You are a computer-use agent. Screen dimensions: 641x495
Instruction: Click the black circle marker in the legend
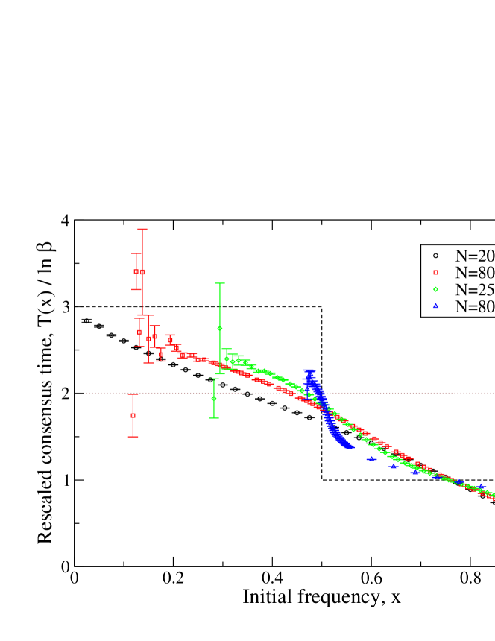435,256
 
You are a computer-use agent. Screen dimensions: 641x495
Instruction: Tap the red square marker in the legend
435,272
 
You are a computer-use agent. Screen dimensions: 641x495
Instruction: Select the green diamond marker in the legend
435,289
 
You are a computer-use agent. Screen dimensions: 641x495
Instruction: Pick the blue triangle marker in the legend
435,306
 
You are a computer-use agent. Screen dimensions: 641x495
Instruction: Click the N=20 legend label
475,256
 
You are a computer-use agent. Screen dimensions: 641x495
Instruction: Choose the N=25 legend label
475,289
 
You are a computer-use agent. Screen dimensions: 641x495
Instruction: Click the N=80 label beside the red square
475,273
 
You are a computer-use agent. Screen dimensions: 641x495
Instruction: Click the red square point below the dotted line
133,415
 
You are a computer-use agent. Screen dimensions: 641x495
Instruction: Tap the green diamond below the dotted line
214,398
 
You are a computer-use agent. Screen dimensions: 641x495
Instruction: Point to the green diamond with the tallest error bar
219,328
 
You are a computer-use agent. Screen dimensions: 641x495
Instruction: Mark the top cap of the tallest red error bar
142,229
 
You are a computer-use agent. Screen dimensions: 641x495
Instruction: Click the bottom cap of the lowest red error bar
133,437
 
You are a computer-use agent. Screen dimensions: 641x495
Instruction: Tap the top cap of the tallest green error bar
219,283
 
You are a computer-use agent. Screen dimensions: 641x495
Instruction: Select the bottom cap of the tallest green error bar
219,373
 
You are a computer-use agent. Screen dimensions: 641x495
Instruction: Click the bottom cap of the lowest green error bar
214,418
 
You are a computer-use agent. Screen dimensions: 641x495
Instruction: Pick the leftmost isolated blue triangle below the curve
371,459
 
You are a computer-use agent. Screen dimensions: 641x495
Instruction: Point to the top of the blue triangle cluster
309,371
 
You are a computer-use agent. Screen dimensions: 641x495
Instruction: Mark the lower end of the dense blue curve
348,447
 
